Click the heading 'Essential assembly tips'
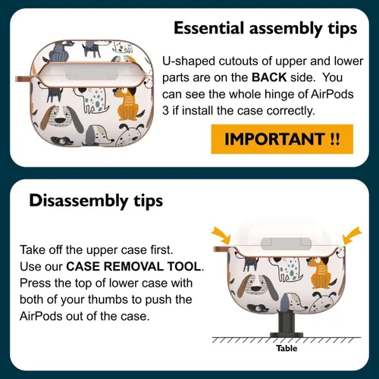pos(265,28)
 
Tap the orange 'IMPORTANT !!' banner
pos(282,139)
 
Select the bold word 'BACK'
pos(269,77)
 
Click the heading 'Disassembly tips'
pos(96,201)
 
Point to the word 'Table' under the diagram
pos(287,349)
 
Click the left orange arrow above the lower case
pos(221,235)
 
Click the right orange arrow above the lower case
pos(352,236)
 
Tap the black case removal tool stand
pos(287,324)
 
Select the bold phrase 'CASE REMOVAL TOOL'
pos(134,267)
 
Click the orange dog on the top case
pos(127,104)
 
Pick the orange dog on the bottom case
pos(320,273)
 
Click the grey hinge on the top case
pos(92,74)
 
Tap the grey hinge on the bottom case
pos(286,243)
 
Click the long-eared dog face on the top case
pos(61,118)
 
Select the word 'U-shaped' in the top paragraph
pos(189,61)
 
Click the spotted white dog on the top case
pos(92,101)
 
